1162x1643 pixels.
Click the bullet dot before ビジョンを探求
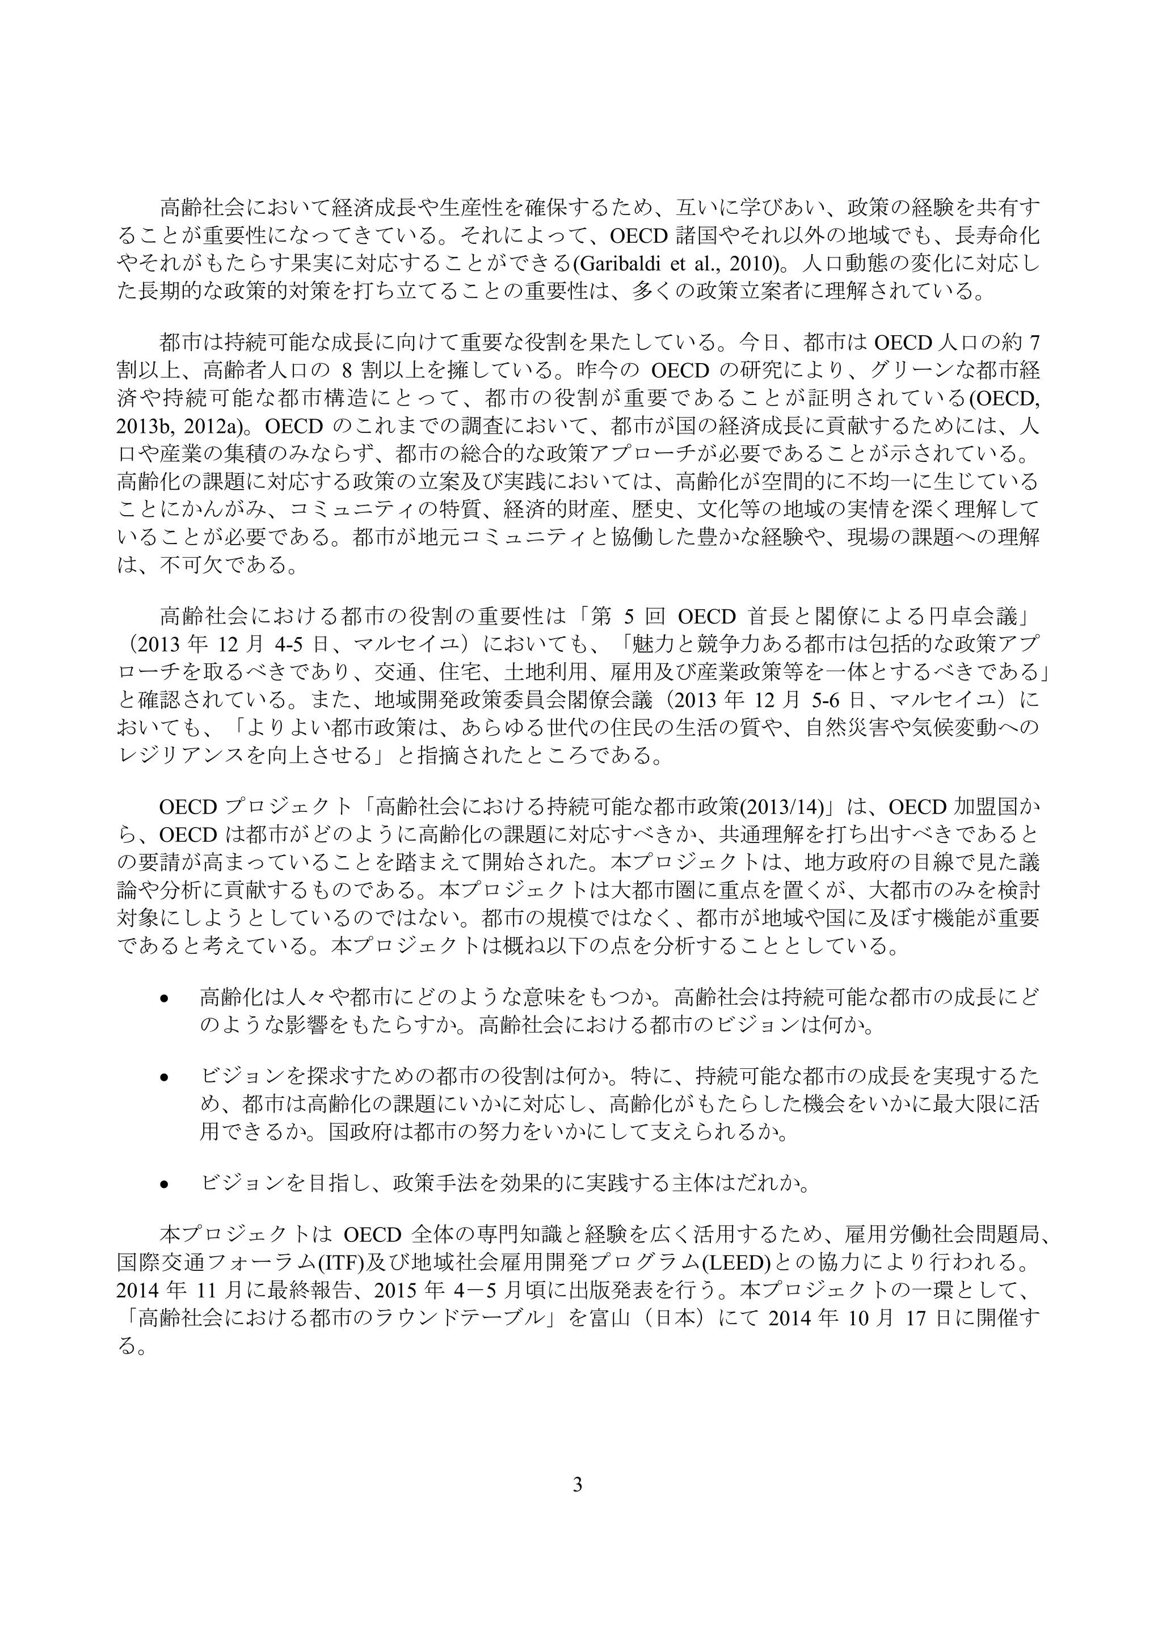click(x=165, y=1077)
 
